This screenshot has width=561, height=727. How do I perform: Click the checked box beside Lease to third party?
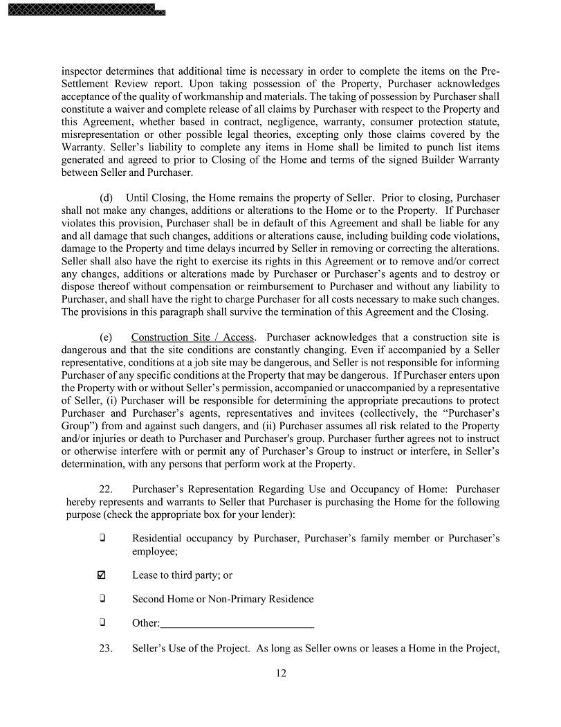(x=102, y=575)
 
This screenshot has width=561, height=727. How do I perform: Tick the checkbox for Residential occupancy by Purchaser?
(x=102, y=538)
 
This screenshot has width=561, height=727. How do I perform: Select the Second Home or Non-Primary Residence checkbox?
(x=102, y=598)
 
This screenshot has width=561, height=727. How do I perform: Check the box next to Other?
(x=102, y=622)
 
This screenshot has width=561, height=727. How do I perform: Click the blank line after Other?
(x=237, y=623)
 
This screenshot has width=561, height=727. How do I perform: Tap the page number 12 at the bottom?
(x=280, y=673)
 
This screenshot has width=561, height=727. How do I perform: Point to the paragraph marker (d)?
(x=107, y=198)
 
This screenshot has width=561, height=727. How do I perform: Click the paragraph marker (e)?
(x=107, y=338)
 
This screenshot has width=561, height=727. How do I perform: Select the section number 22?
(x=108, y=489)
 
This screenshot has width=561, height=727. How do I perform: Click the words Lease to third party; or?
(x=182, y=575)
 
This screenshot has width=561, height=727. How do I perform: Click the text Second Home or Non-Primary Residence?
(x=223, y=599)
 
